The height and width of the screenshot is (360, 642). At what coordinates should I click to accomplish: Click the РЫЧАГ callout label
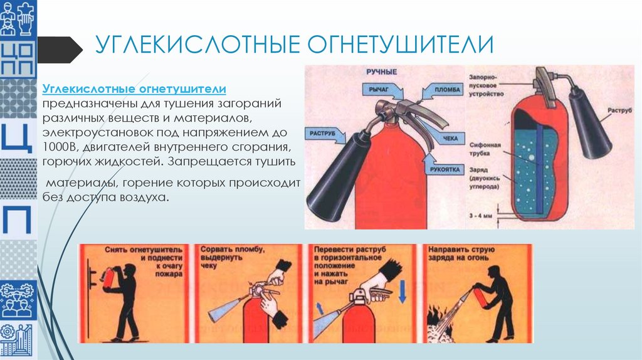pos(380,91)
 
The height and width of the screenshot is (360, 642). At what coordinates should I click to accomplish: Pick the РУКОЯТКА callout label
pos(446,169)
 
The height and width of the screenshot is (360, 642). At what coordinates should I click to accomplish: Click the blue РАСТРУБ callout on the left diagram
pos(324,133)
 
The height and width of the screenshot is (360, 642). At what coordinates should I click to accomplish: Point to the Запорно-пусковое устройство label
pos(486,85)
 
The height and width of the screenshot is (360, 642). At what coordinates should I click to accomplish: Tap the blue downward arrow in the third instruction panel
pos(403,292)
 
